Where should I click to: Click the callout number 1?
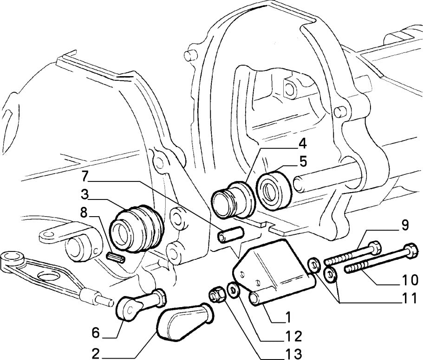pos(287,318)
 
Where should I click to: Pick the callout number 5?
pos(302,162)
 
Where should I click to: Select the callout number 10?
pos(408,280)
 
